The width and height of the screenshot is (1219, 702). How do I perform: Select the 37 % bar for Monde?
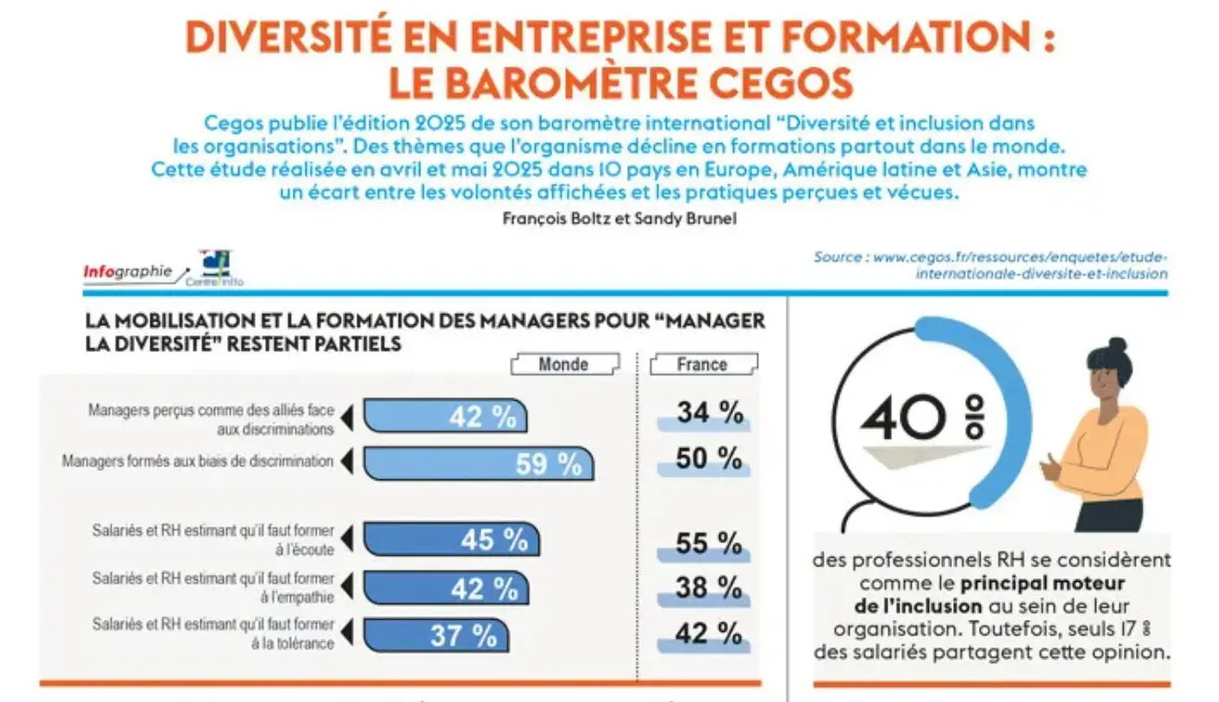point(435,635)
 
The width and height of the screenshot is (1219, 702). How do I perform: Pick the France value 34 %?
point(709,413)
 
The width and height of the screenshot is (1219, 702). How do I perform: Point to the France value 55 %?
point(708,544)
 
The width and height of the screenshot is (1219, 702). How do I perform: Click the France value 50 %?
point(708,458)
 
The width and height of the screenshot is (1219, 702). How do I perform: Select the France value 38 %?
point(708,587)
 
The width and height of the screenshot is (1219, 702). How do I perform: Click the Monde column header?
point(563,364)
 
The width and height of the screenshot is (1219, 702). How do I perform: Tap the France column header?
point(702,364)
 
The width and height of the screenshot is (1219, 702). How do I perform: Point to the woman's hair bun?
point(1117,345)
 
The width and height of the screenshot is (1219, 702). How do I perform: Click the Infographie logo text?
point(127,272)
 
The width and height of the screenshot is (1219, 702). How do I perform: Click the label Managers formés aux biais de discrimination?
point(198,461)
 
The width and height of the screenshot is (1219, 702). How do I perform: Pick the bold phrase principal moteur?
point(1043,583)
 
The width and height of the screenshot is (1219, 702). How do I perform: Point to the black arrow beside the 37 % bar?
point(347,634)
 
